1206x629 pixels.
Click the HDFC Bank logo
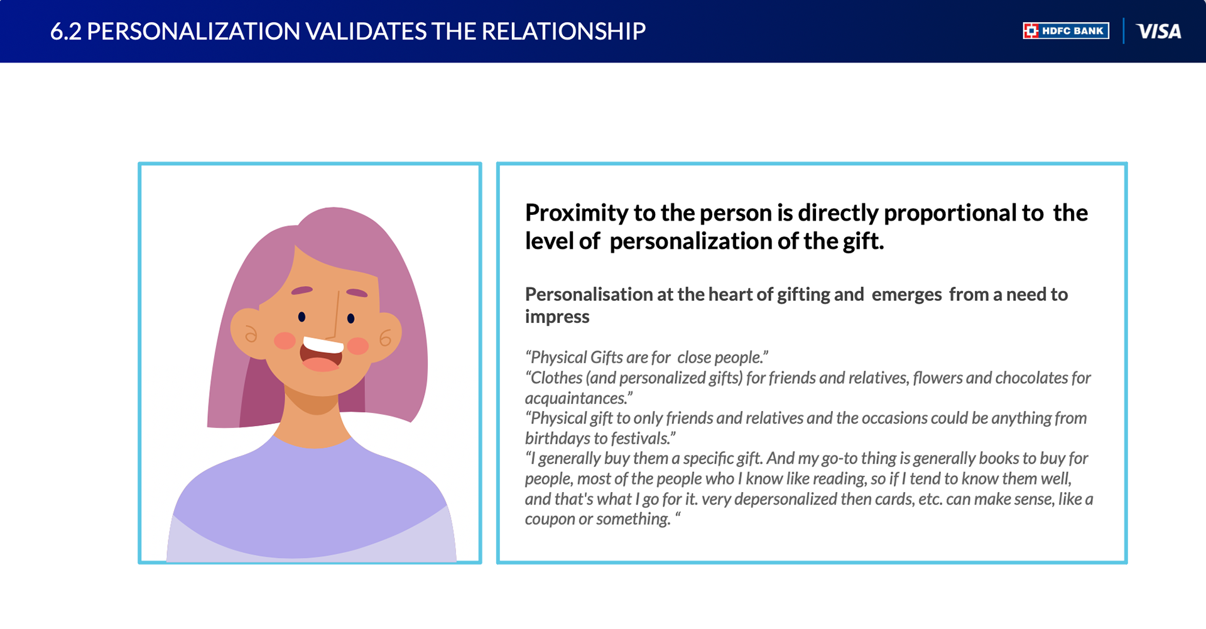1066,31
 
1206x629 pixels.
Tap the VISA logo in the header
1159,31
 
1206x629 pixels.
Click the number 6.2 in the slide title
65,31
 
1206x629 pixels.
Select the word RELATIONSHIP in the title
563,31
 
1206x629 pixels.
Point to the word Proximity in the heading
576,213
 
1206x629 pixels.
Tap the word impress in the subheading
557,317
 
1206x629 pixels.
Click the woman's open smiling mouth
322,354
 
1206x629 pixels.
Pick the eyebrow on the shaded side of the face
302,290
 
